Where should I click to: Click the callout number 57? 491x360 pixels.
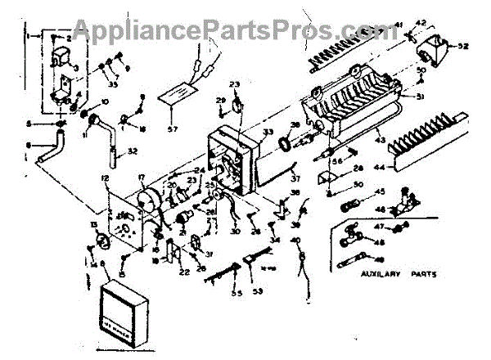click(x=171, y=128)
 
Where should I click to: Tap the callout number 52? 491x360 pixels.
click(x=462, y=46)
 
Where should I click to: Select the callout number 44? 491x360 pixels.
click(x=378, y=169)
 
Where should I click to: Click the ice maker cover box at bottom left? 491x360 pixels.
click(x=121, y=308)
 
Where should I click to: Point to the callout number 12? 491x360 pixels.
click(x=105, y=178)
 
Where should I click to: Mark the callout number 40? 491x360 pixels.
click(x=295, y=240)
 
